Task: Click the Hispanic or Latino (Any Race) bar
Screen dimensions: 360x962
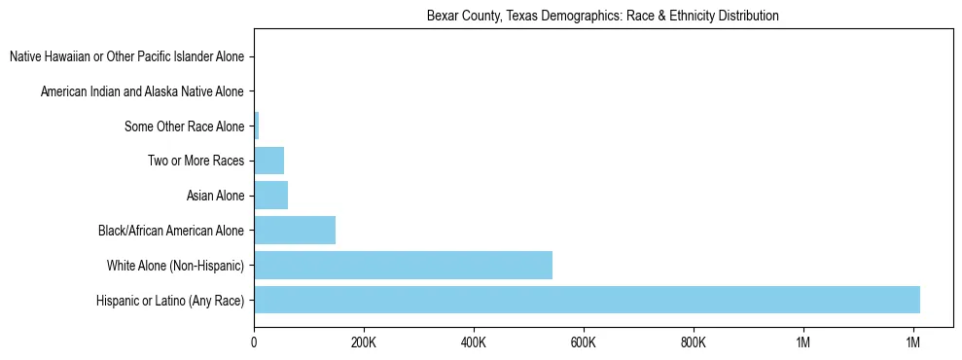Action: pos(587,300)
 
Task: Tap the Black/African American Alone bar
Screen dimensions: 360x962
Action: pos(295,230)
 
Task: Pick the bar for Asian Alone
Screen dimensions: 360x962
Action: pos(270,196)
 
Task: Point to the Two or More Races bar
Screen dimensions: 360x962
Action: pos(268,161)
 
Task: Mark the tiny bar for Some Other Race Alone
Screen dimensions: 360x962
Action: pos(257,126)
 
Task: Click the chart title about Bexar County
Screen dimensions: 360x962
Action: pos(603,17)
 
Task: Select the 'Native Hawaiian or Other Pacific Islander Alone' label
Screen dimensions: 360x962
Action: pos(127,56)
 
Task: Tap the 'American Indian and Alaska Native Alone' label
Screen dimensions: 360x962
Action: pos(143,91)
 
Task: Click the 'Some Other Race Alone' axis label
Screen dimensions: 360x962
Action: pos(185,126)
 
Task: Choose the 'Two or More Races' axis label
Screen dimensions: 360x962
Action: pos(196,162)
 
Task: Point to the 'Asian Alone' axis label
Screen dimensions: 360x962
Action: pos(215,197)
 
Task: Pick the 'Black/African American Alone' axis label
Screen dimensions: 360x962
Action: pos(171,232)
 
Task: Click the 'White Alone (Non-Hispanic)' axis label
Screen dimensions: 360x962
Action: pos(176,266)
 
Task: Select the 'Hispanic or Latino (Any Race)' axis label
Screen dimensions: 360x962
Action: pos(170,301)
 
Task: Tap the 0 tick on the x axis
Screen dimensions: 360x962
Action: pos(254,342)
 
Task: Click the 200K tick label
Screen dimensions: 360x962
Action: pos(363,342)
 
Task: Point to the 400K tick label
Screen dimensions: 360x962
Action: pos(473,342)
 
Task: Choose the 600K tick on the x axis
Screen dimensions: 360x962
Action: pos(583,342)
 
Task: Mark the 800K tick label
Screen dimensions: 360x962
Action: pos(693,342)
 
